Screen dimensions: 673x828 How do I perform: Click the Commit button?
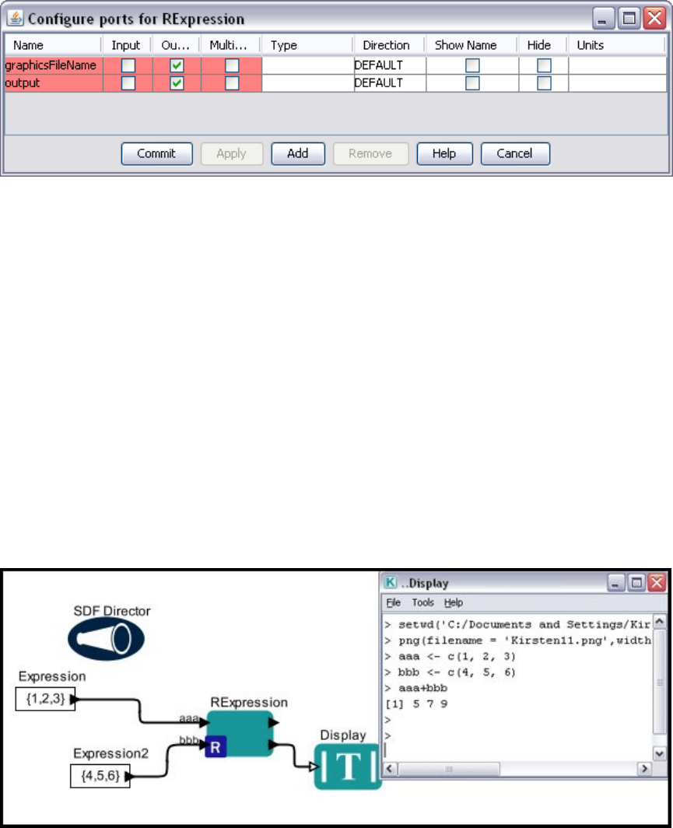(156, 153)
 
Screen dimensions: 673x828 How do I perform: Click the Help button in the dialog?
(443, 153)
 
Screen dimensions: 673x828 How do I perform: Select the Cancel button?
(514, 153)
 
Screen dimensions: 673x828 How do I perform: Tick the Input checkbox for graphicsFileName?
(128, 65)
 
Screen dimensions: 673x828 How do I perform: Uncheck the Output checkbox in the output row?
(177, 82)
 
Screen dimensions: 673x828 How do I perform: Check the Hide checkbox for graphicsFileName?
(544, 65)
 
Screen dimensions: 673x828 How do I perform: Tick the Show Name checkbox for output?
(472, 82)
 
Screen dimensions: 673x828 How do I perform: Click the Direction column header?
(386, 45)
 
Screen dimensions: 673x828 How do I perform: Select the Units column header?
(591, 45)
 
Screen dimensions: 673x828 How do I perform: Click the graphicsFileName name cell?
(51, 65)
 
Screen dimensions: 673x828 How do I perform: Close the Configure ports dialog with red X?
(653, 17)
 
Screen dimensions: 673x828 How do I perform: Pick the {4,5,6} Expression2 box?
(100, 776)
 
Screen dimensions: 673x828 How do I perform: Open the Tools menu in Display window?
(423, 602)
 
